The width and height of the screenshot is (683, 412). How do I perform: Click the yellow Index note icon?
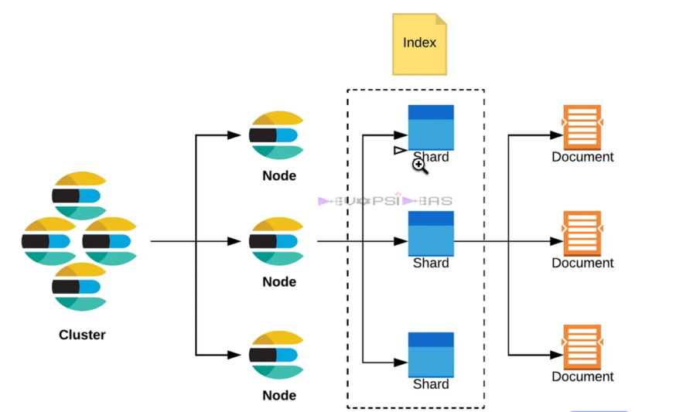tap(419, 43)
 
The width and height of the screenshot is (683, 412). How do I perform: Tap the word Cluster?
tap(82, 335)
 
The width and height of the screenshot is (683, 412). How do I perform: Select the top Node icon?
tap(276, 136)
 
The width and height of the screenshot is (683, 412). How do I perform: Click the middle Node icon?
tap(276, 242)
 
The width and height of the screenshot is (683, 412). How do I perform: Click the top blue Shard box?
tap(431, 127)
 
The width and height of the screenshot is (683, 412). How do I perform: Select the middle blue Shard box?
tap(431, 233)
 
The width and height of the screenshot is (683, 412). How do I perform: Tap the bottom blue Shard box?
tap(431, 354)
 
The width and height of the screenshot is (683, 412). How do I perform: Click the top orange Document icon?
tap(582, 128)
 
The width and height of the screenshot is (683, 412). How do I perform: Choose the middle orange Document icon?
tap(582, 233)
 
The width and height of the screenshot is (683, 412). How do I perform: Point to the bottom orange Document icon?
tap(582, 347)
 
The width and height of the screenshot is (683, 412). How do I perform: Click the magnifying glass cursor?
tap(419, 165)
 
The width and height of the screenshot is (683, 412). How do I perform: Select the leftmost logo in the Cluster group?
tap(49, 241)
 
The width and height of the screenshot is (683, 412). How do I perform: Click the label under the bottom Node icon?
tap(279, 395)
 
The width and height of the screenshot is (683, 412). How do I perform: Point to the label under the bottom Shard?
tap(431, 384)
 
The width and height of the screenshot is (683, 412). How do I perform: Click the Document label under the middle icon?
tap(582, 263)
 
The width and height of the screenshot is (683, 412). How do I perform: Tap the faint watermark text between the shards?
tap(385, 201)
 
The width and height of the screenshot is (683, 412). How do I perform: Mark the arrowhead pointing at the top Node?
tap(234, 135)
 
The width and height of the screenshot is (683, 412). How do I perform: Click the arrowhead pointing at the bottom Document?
tap(555, 355)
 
